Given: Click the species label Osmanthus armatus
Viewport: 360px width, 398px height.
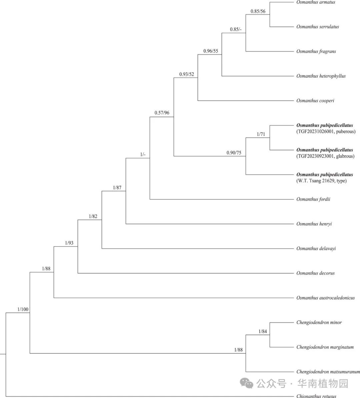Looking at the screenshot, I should [x=316, y=2].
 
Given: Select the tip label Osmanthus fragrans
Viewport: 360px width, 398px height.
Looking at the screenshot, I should [x=316, y=52].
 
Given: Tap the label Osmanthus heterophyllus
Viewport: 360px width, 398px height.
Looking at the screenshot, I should [x=321, y=76].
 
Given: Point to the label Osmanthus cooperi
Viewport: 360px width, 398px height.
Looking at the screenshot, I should [x=315, y=101].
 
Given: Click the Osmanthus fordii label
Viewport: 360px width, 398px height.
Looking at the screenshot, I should [x=313, y=199].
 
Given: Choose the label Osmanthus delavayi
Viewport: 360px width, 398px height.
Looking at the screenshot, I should [x=316, y=249].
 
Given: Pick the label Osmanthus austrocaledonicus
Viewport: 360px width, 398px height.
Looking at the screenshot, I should [x=325, y=298].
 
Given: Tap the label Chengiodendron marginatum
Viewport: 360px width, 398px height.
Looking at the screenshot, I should [x=325, y=347].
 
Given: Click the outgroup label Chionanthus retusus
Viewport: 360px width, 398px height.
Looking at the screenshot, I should [x=316, y=396].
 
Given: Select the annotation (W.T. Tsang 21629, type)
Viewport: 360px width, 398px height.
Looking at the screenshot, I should [x=321, y=181].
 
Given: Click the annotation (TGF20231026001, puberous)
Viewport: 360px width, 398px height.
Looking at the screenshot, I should [x=326, y=132].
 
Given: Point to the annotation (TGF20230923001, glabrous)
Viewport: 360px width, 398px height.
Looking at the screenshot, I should [x=325, y=156].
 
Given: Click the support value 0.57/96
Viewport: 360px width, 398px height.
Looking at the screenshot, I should [x=162, y=113].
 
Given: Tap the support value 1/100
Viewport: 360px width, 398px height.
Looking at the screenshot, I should [x=23, y=310].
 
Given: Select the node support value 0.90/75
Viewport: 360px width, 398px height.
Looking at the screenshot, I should [x=234, y=153].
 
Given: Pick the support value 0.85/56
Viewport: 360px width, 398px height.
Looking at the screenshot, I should [x=258, y=11].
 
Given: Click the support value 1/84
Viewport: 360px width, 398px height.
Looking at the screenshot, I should [x=263, y=332].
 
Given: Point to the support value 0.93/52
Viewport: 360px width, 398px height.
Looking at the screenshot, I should [x=186, y=74].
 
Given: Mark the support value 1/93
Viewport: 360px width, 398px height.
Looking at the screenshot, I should [x=69, y=243].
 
